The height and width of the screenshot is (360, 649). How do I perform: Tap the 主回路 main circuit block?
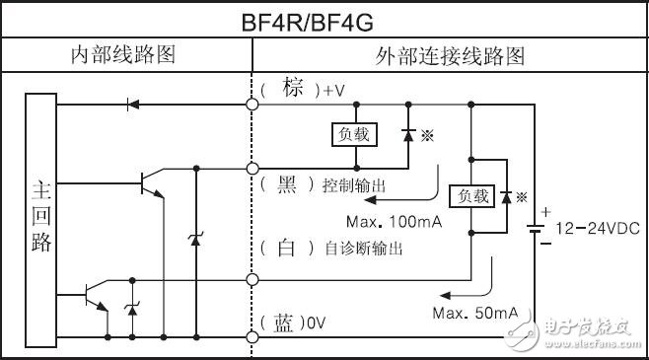pyautogui.click(x=41, y=216)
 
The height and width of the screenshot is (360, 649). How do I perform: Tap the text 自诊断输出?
pyautogui.click(x=363, y=250)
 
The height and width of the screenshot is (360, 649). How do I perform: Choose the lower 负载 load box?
pyautogui.click(x=470, y=196)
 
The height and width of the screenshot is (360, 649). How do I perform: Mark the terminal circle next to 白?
pyautogui.click(x=252, y=281)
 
